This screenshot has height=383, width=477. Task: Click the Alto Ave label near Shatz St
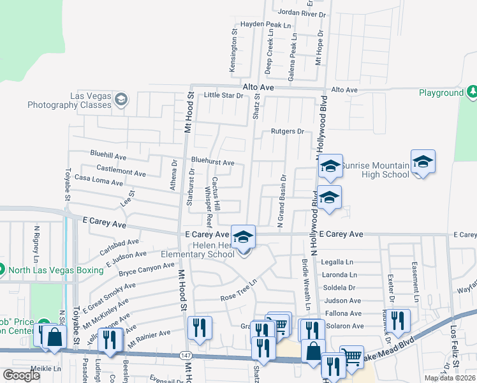click(258, 87)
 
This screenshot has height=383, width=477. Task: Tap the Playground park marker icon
click(472, 93)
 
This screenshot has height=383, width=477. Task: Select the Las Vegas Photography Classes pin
click(121, 99)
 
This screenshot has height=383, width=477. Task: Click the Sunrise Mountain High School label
click(375, 170)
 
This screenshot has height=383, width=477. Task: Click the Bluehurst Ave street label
click(212, 163)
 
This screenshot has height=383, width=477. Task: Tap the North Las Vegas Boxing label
click(57, 270)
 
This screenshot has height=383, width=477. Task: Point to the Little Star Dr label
click(223, 96)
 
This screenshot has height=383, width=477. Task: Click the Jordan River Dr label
click(302, 13)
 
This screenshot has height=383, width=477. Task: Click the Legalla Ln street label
click(338, 262)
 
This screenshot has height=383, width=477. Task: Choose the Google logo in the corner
click(21, 375)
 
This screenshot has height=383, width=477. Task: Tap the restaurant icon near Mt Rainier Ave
click(200, 328)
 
